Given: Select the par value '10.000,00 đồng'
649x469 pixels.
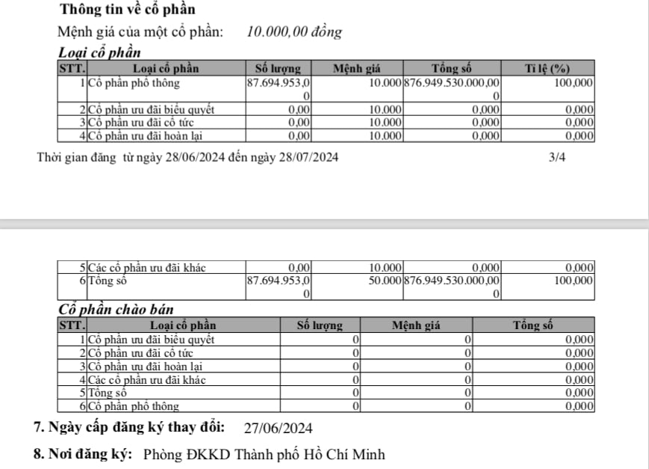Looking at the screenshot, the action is click(294, 32).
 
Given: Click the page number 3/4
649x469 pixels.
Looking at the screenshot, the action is click(557, 157).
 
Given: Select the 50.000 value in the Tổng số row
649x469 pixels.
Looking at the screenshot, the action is click(386, 281).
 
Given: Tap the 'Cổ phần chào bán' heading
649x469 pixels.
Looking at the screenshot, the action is click(115, 310).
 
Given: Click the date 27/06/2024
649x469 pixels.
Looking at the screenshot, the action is click(279, 428).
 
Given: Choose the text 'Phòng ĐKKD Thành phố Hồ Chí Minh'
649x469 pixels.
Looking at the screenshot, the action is click(264, 454).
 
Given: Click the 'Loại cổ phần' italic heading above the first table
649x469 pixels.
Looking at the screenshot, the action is click(99, 53).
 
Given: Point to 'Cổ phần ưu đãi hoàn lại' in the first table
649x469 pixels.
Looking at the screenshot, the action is click(146, 136).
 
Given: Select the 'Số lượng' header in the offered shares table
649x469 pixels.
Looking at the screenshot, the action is click(319, 325).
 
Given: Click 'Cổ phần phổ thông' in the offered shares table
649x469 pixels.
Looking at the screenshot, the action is click(134, 406).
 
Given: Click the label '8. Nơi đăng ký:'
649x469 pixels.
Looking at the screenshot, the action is click(83, 454).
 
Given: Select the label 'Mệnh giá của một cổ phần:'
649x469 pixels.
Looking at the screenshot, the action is click(140, 32).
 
